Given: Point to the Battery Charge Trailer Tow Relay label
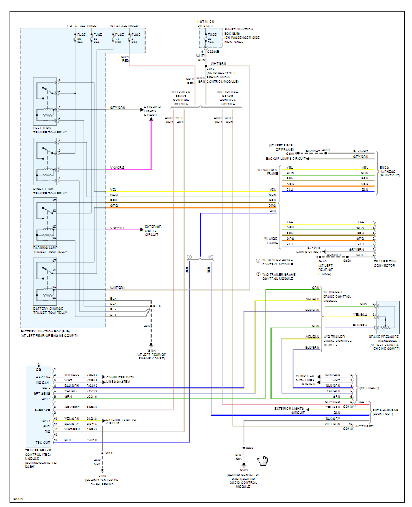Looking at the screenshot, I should [50, 310].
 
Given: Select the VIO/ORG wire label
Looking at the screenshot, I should [117, 167].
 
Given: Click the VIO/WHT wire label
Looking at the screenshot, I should [117, 228].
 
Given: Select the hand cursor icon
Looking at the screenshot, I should [262, 459].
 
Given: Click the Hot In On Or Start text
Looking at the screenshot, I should [206, 24].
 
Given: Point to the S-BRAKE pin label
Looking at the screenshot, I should [42, 410].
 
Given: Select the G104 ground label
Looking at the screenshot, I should [151, 355].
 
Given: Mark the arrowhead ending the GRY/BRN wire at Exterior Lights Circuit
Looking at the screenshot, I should [142, 108].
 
